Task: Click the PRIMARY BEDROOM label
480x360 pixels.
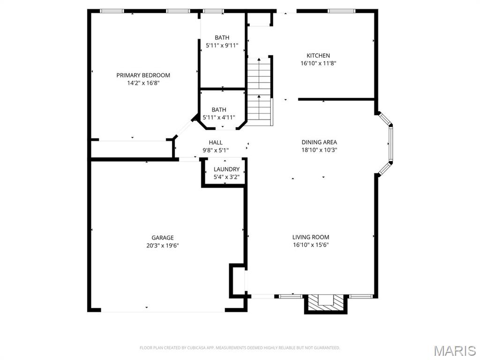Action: pyautogui.click(x=143, y=75)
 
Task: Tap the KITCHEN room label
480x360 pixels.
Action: pyautogui.click(x=318, y=56)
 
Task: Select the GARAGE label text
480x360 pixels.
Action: pyautogui.click(x=163, y=238)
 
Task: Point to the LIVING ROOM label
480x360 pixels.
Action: pyautogui.click(x=311, y=237)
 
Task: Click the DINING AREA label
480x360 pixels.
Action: pyautogui.click(x=319, y=142)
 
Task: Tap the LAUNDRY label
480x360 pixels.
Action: pyautogui.click(x=226, y=169)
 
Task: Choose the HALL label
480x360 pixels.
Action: pyautogui.click(x=216, y=142)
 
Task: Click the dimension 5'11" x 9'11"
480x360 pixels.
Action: pyautogui.click(x=222, y=45)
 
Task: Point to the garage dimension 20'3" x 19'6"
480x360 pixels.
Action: pyautogui.click(x=163, y=246)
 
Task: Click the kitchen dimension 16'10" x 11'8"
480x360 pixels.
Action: pyautogui.click(x=318, y=64)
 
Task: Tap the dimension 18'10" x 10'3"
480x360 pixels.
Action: pyautogui.click(x=319, y=150)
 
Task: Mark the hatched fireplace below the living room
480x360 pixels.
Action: pyautogui.click(x=326, y=303)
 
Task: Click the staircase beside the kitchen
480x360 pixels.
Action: pyautogui.click(x=260, y=91)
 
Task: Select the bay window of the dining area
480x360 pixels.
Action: pyautogui.click(x=385, y=144)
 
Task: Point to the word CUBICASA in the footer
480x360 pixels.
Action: pyautogui.click(x=199, y=348)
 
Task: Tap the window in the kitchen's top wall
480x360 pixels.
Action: pyautogui.click(x=342, y=11)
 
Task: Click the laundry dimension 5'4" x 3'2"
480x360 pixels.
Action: pyautogui.click(x=226, y=177)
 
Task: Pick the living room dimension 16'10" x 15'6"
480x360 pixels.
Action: pyautogui.click(x=311, y=245)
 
